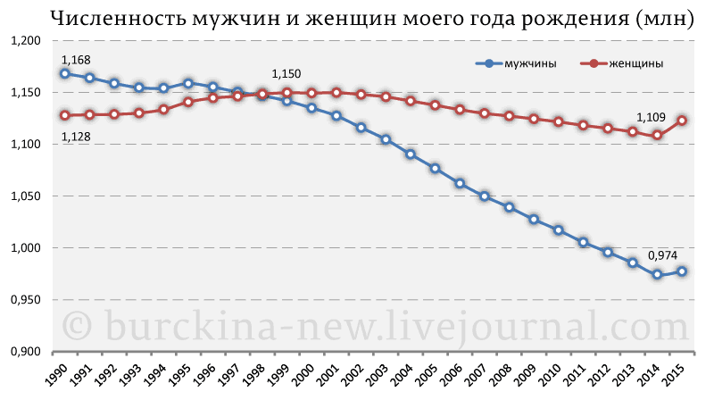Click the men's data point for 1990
coord(65,73)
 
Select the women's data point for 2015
coord(681,121)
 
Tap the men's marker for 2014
coord(657,275)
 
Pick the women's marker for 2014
coord(657,135)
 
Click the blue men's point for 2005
coord(435,168)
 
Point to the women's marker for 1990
coord(65,115)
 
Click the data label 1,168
coord(76,60)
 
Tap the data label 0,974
coord(661,255)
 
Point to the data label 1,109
coord(651,117)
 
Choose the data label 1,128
coord(76,136)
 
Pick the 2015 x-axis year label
coord(679,377)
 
